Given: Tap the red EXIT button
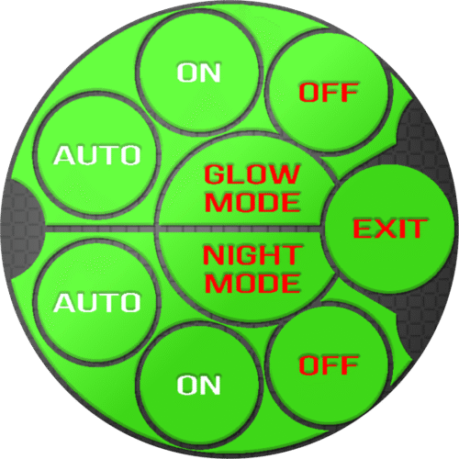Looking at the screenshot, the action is (x=389, y=229).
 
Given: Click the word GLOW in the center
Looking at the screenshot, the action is (x=252, y=174).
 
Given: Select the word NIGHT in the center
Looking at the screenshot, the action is (x=252, y=255).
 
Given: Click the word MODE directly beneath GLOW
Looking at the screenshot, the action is (x=252, y=202).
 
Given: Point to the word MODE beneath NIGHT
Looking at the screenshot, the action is (x=252, y=283).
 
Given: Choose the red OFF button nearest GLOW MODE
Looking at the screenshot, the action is (x=328, y=92).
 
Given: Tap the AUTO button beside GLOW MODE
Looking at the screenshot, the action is (x=97, y=155).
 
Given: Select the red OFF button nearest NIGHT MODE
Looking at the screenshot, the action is (x=328, y=364).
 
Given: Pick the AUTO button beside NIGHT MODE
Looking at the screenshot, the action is (x=97, y=302).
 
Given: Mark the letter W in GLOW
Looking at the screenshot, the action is (x=284, y=174).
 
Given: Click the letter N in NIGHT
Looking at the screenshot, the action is (x=214, y=255).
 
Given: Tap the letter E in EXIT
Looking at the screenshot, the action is (x=364, y=229).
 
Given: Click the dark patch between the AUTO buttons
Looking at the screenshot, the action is (x=22, y=229).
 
